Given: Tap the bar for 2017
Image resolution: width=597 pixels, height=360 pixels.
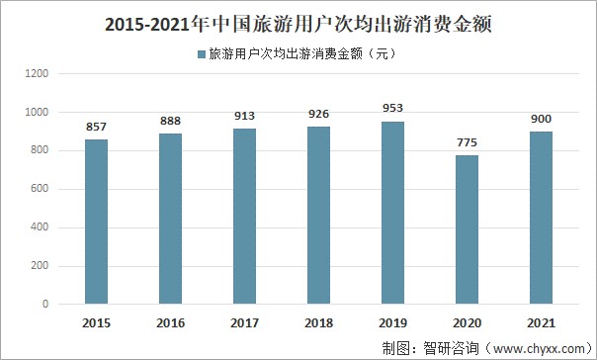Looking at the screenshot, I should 245,217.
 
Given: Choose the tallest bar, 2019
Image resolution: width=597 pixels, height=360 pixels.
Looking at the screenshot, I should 393,213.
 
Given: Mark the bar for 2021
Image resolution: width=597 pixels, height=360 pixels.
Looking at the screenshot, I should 542,218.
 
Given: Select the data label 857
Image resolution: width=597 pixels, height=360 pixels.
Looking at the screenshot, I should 97,129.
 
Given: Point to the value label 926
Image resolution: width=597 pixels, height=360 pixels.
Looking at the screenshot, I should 319,116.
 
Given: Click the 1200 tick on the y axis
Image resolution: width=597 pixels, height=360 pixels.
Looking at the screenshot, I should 38,74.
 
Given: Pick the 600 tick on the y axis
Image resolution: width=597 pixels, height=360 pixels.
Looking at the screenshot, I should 41,190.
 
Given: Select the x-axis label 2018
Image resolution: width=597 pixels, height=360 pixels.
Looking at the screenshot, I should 319,322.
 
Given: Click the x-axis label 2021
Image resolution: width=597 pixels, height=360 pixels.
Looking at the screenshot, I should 542,322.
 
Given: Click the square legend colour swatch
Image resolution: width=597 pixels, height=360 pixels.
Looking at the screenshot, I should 201,54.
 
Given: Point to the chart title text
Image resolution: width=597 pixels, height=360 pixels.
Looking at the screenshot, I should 298,21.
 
